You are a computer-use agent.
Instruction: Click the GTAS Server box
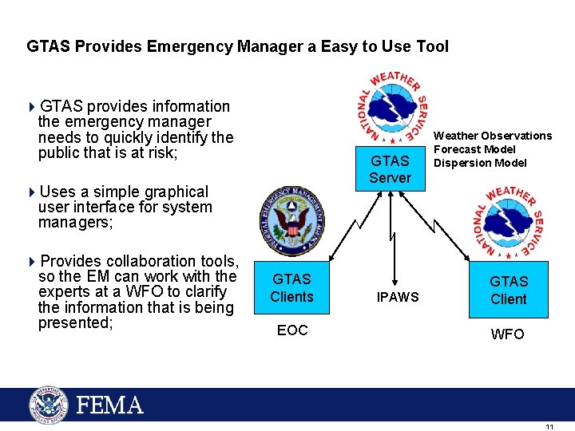coord(390,169)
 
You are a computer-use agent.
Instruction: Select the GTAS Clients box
coord(291,287)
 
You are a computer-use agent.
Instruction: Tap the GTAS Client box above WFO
coord(509,290)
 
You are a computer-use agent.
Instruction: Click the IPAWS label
coord(398,298)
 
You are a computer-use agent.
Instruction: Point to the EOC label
coord(292,330)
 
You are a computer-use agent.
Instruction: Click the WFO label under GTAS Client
coord(508,334)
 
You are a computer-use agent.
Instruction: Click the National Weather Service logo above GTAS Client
coord(508,220)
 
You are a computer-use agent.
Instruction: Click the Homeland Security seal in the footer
coord(49,405)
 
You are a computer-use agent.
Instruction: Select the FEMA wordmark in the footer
coord(110,405)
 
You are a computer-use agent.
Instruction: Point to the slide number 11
coord(549,427)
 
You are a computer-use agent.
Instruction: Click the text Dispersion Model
coord(480,163)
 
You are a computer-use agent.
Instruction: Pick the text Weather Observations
coord(492,136)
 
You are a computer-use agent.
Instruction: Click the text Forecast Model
coord(474,149)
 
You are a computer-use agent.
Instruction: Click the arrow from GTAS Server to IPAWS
coord(391,239)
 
